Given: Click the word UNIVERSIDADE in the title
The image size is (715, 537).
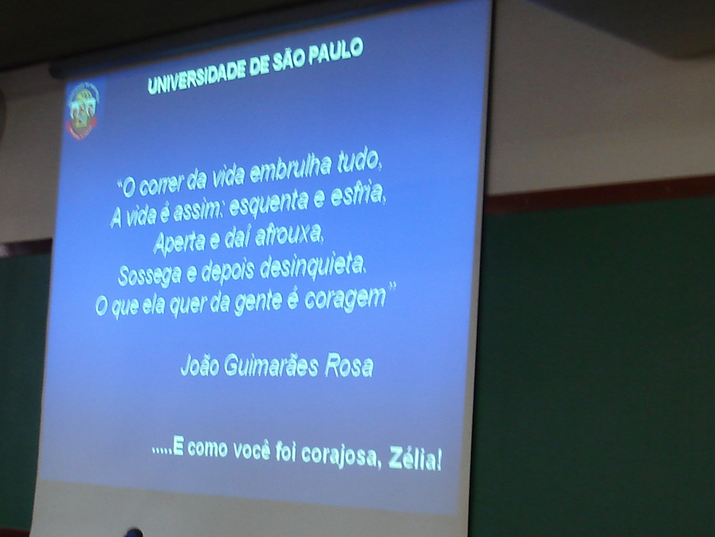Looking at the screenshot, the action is pos(197,76).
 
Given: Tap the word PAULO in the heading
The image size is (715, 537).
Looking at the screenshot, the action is pos(336,50).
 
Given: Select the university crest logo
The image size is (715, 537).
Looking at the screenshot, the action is pos(83,111).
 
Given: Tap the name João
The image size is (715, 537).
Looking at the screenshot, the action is pos(200,365).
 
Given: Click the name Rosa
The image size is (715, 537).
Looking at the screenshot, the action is pos(349,367).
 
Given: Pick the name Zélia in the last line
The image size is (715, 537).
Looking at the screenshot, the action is pos(415,459).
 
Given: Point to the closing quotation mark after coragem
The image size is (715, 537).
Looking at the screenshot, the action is pos(391,287).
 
